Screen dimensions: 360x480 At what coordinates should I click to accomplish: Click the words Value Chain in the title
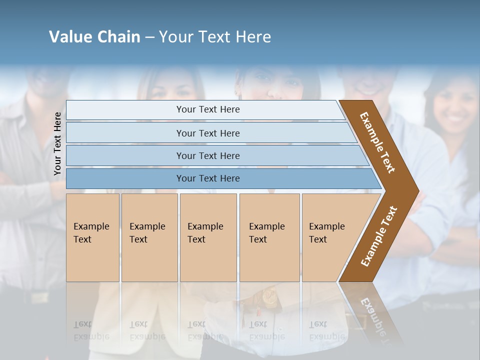94,37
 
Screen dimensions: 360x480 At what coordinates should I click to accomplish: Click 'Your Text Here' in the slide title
215,37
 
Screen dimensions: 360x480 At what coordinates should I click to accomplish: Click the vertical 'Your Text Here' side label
57,143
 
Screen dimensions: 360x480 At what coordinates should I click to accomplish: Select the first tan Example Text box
92,237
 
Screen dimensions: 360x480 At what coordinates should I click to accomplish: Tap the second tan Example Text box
149,237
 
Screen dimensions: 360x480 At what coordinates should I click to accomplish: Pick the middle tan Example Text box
208,237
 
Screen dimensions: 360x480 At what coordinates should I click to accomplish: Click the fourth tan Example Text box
269,237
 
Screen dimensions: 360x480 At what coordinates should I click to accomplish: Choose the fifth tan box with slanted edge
330,237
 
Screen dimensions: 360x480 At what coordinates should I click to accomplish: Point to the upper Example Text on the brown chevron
377,142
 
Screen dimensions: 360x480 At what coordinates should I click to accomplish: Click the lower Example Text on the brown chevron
378,236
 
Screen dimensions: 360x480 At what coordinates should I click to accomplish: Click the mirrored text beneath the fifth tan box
326,330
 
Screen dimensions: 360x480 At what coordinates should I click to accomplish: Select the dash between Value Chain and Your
149,37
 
